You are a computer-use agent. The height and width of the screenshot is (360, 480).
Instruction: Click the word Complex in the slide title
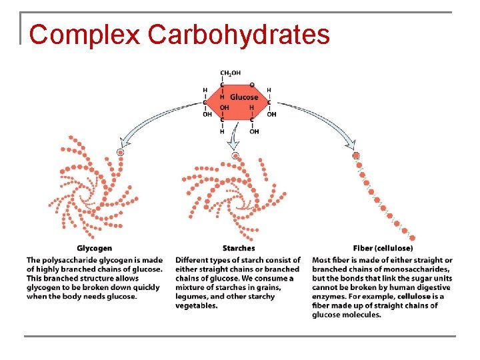coord(85,35)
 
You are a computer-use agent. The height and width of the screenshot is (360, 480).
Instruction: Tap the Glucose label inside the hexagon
coord(243,97)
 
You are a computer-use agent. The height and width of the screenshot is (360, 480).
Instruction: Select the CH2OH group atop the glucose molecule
coord(231,73)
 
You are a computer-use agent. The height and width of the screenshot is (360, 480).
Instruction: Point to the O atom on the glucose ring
coord(251,85)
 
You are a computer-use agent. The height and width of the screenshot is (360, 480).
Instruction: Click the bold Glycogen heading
coord(94,249)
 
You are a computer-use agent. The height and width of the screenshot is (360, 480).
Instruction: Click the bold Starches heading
coord(239,249)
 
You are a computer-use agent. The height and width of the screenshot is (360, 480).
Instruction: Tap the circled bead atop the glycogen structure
coord(120,153)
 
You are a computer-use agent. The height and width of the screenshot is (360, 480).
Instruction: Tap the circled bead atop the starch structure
coord(235,155)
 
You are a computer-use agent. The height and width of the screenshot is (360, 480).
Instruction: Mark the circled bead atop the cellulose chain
coord(356,155)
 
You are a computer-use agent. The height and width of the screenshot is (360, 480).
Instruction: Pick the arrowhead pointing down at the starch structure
coord(233,143)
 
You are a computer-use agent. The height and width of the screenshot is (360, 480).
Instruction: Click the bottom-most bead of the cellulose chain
coord(412,238)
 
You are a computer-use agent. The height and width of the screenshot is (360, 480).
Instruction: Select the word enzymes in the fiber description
coord(330,297)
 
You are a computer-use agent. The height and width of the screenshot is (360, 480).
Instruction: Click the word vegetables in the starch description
coord(197,305)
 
